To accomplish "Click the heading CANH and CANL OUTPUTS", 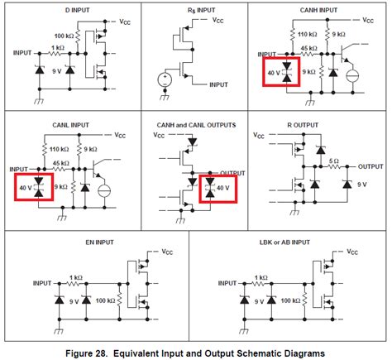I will coord(196,124).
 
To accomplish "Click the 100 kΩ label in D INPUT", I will coord(65,37).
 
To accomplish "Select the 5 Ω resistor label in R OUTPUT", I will coord(334,161).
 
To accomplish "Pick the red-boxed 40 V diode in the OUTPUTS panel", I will coord(218,187).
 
